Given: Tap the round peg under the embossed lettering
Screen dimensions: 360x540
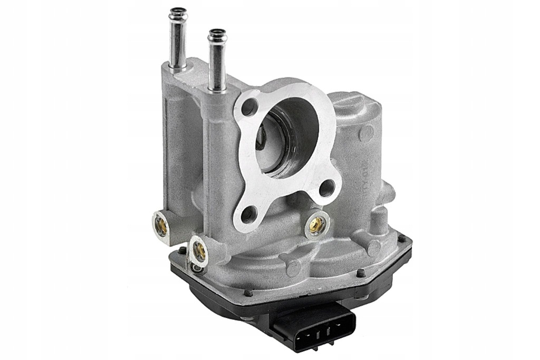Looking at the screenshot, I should click(374, 248).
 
